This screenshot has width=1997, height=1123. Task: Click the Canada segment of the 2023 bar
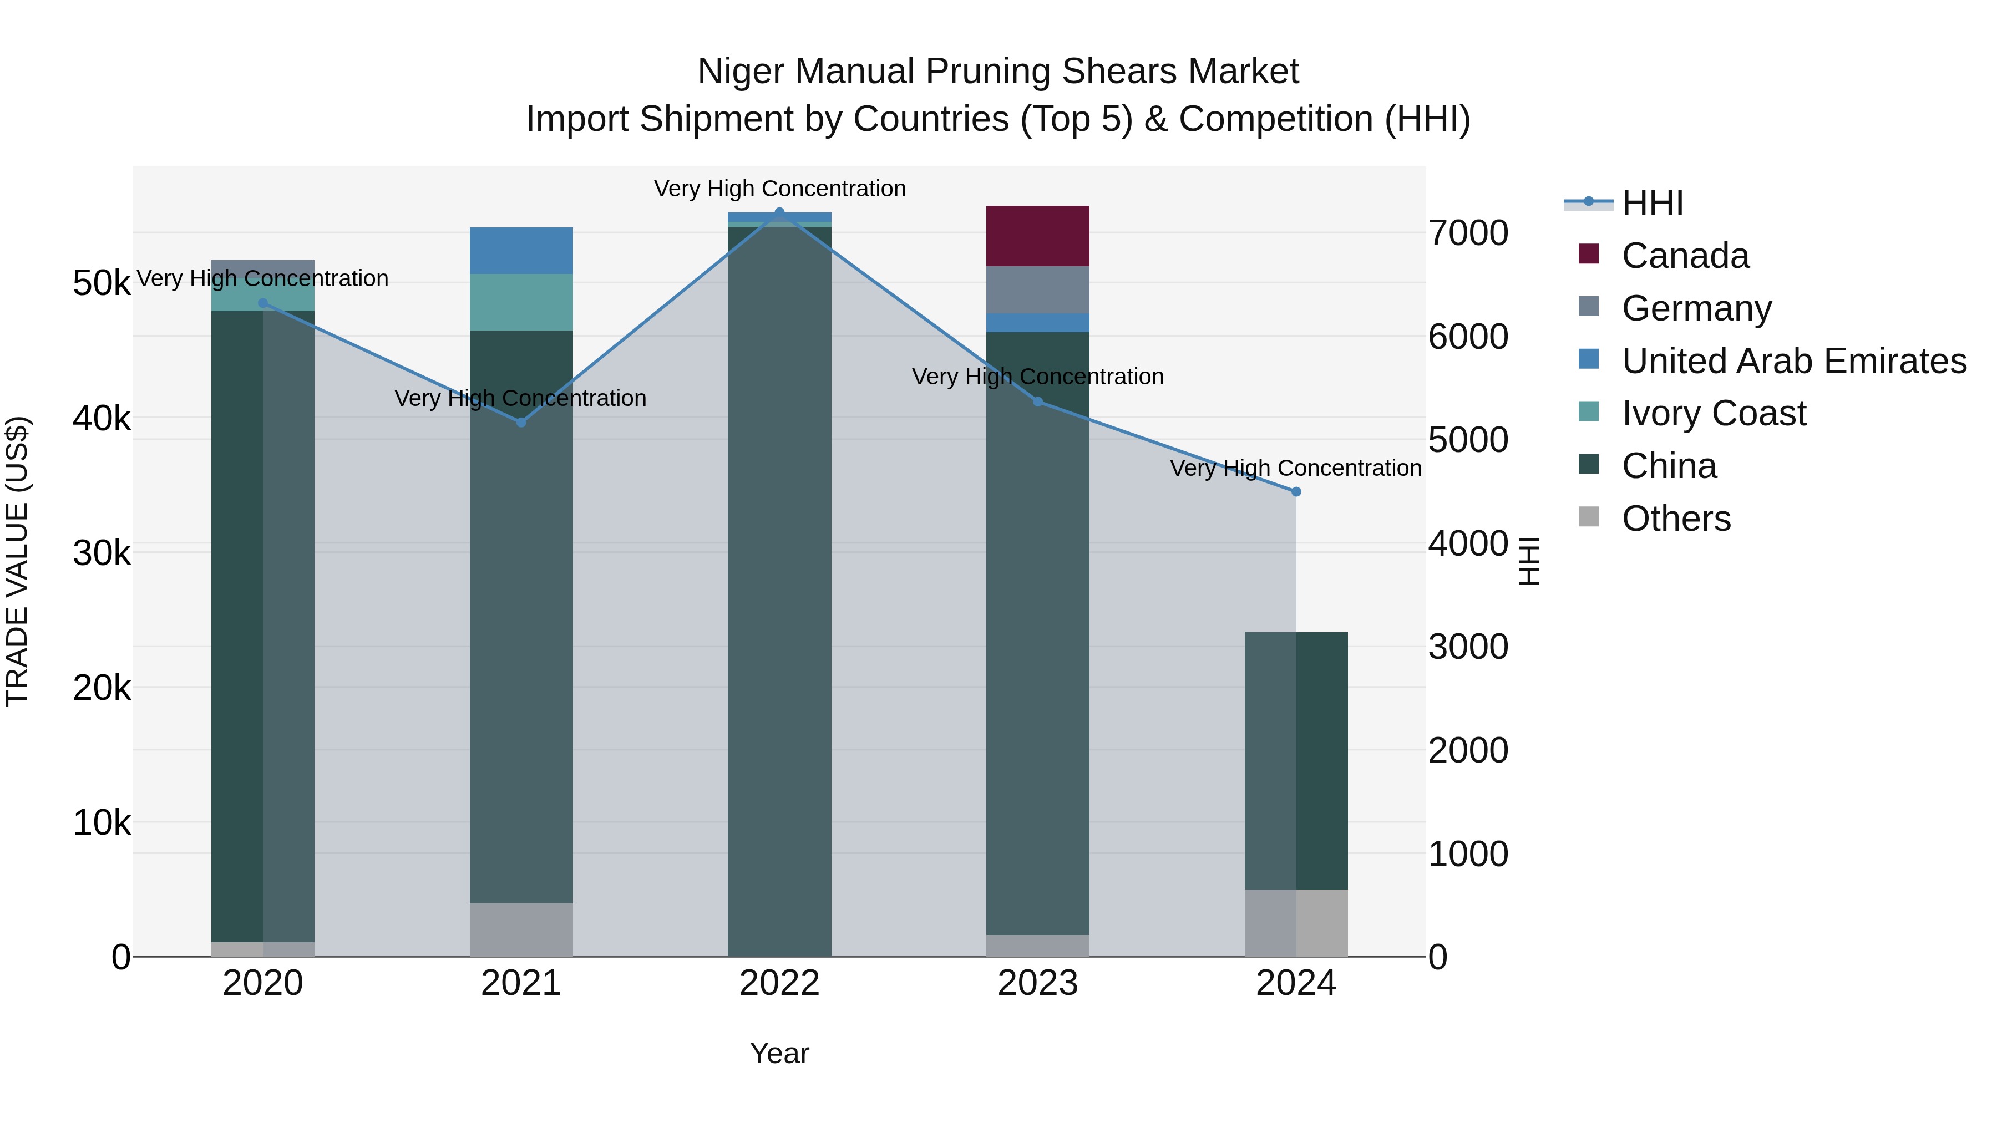click(x=1037, y=236)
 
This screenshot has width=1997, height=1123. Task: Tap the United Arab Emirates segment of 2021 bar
click(x=521, y=250)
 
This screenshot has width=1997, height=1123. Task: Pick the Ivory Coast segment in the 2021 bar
click(x=521, y=302)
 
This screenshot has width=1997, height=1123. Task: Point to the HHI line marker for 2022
click(x=779, y=212)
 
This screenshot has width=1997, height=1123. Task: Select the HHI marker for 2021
click(x=521, y=423)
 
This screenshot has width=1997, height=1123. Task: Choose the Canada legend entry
click(x=1685, y=256)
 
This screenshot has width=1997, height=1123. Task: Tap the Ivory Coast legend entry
click(x=1714, y=413)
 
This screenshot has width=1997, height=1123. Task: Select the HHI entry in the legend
click(x=1651, y=203)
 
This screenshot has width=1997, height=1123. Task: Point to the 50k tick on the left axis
click(x=102, y=283)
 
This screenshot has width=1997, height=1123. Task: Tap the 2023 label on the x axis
click(x=1037, y=983)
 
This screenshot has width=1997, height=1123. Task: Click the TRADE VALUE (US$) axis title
click(x=17, y=561)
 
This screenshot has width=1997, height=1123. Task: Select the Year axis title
click(x=779, y=1053)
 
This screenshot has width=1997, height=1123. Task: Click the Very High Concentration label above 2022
click(x=779, y=189)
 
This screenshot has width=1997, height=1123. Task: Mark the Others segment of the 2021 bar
click(x=521, y=929)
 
